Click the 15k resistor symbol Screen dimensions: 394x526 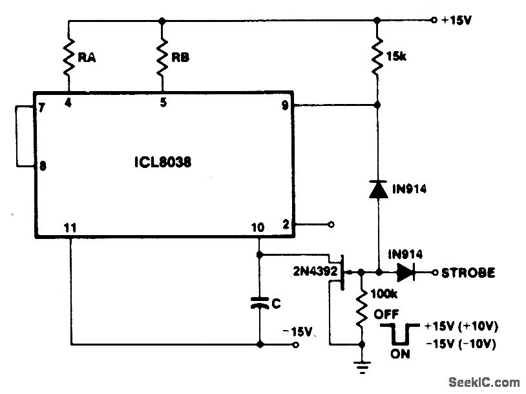[x=377, y=58]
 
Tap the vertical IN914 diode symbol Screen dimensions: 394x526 [x=377, y=189]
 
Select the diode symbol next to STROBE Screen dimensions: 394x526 [x=406, y=273]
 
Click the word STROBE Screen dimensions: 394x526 [x=468, y=273]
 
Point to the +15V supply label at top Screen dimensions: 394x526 [x=458, y=20]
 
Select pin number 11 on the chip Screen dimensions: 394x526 [x=70, y=227]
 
